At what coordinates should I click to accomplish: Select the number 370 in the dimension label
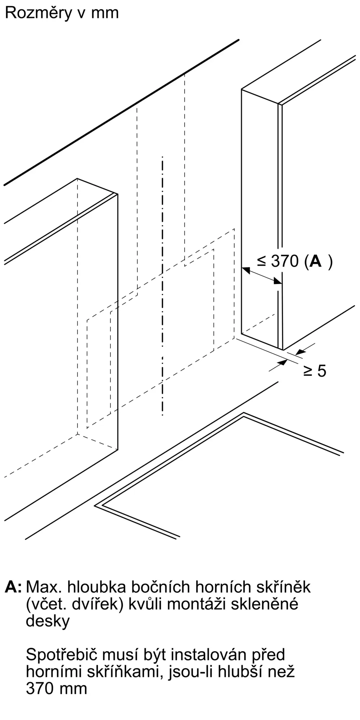tap(285, 261)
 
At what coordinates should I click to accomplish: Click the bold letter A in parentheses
tap(315, 261)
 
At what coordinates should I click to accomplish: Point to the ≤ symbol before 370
tap(262, 261)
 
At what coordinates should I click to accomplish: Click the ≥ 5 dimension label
tap(314, 371)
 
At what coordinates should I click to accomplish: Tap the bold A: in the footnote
tap(13, 587)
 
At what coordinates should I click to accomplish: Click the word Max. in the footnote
tap(44, 587)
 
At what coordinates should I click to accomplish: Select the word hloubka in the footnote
tap(96, 587)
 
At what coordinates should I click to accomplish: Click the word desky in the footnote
tap(48, 621)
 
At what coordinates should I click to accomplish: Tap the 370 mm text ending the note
tap(57, 689)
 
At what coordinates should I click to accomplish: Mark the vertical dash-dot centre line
tap(162, 288)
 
